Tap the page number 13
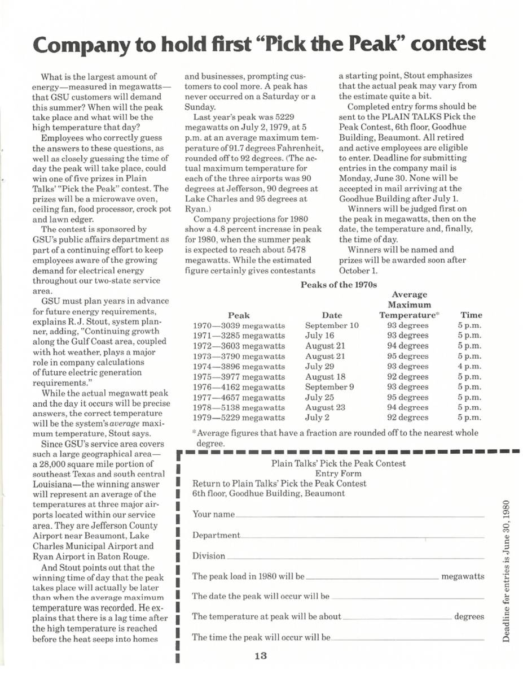coord(260,656)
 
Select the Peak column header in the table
coord(238,315)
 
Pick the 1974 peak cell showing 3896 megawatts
coord(239,366)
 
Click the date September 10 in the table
coord(332,325)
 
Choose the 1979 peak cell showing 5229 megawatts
coord(239,418)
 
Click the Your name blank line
coord(359,515)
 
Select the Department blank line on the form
coord(362,536)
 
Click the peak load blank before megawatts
coord(371,577)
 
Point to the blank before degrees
coord(397,618)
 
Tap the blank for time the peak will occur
coord(407,638)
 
